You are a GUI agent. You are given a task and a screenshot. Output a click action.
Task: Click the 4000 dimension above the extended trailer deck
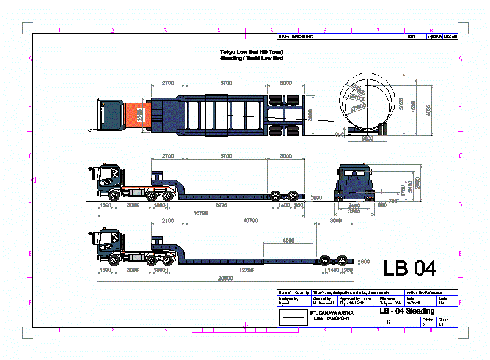tap(289, 240)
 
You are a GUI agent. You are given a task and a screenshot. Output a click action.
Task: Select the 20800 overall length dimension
tap(226, 278)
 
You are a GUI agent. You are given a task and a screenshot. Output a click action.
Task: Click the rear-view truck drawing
tap(354, 183)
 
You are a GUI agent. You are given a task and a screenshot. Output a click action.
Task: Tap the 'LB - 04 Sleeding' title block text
tap(406, 311)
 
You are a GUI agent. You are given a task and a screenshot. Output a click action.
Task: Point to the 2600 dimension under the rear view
tap(354, 205)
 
